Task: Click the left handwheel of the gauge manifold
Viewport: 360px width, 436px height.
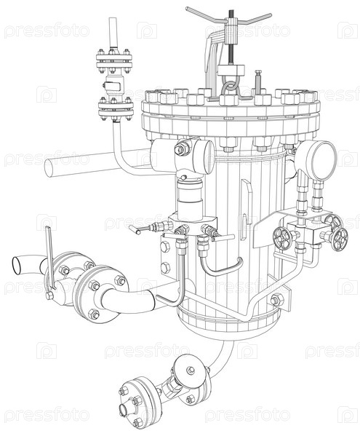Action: pyautogui.click(x=282, y=239)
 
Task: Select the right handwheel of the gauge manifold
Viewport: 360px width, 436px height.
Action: pyautogui.click(x=340, y=239)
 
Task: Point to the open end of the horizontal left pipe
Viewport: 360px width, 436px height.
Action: pyautogui.click(x=49, y=167)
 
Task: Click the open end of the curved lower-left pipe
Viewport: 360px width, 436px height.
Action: pyautogui.click(x=16, y=265)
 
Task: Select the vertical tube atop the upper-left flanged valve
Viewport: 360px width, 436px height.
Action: pyautogui.click(x=113, y=33)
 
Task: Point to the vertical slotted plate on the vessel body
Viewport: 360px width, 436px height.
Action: pyautogui.click(x=246, y=209)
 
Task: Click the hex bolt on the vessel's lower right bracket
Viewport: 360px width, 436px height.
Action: pyautogui.click(x=276, y=300)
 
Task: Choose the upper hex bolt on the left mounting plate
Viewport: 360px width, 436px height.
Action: pyautogui.click(x=165, y=247)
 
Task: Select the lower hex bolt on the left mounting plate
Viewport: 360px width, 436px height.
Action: pyautogui.click(x=165, y=268)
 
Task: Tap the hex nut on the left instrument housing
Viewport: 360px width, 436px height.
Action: pyautogui.click(x=180, y=150)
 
